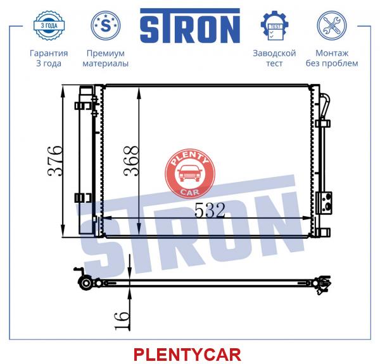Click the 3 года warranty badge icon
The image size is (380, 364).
click(49, 25)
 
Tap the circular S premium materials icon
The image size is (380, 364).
click(105, 25)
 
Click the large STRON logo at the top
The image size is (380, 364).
click(190, 26)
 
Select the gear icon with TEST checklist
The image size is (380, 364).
click(274, 25)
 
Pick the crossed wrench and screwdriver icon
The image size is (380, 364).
click(332, 25)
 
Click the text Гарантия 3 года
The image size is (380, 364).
click(49, 58)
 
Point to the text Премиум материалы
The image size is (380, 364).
click(105, 58)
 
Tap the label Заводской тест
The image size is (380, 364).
click(274, 58)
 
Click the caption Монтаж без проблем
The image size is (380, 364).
click(332, 58)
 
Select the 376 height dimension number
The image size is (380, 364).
click(56, 161)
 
